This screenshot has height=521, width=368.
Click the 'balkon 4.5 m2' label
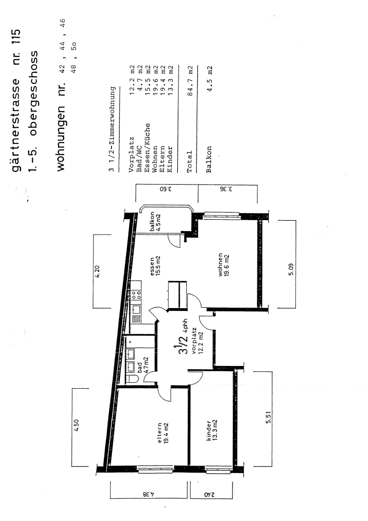tap(155, 221)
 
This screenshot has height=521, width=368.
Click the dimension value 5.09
tap(291, 269)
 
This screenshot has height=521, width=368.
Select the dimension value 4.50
tap(77, 425)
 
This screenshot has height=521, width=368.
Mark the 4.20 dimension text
tap(97, 272)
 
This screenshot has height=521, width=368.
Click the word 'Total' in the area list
tap(189, 162)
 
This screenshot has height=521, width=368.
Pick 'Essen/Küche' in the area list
tap(147, 148)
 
